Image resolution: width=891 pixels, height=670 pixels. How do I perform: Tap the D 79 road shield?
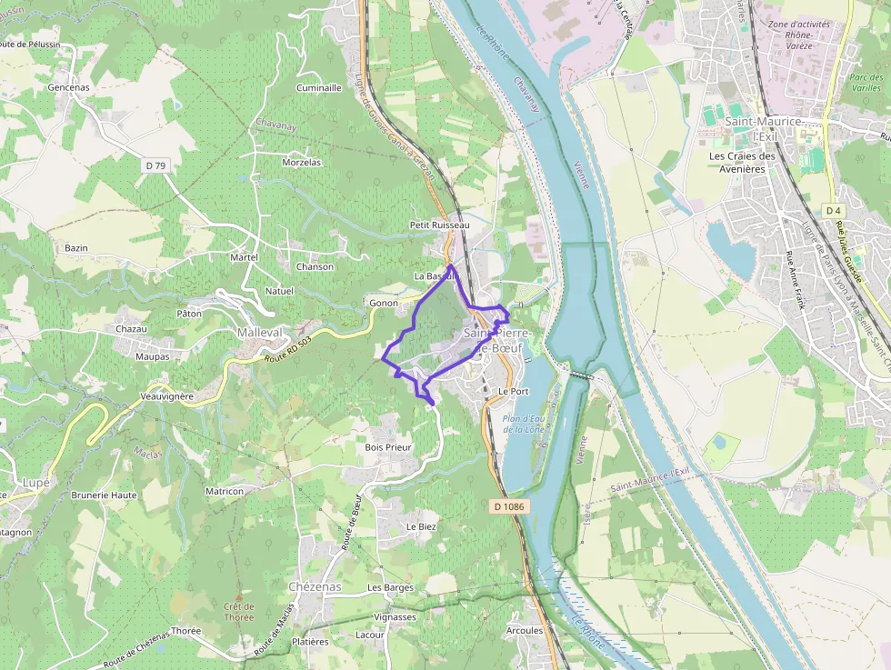click(155, 165)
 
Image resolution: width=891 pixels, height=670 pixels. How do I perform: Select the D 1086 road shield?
click(511, 505)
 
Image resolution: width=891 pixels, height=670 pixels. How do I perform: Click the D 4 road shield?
click(833, 211)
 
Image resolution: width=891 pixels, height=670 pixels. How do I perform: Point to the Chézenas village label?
click(314, 586)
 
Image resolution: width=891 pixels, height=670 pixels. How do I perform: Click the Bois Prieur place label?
click(387, 447)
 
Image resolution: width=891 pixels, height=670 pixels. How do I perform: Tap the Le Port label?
click(514, 391)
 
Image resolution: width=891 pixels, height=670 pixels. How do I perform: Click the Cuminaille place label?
click(319, 88)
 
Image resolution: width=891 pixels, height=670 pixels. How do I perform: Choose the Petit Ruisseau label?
click(439, 225)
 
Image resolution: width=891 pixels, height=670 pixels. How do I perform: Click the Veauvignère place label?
click(167, 397)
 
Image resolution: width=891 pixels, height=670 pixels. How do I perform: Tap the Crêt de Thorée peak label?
click(239, 612)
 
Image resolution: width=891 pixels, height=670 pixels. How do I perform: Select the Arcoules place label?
click(525, 630)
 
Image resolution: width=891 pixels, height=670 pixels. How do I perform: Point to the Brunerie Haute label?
click(104, 495)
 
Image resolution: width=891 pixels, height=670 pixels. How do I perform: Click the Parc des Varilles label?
click(866, 83)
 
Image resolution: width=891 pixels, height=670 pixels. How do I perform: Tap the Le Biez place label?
click(422, 526)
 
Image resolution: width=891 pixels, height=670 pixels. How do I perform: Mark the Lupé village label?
click(35, 482)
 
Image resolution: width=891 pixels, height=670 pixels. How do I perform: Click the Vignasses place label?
click(395, 616)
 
